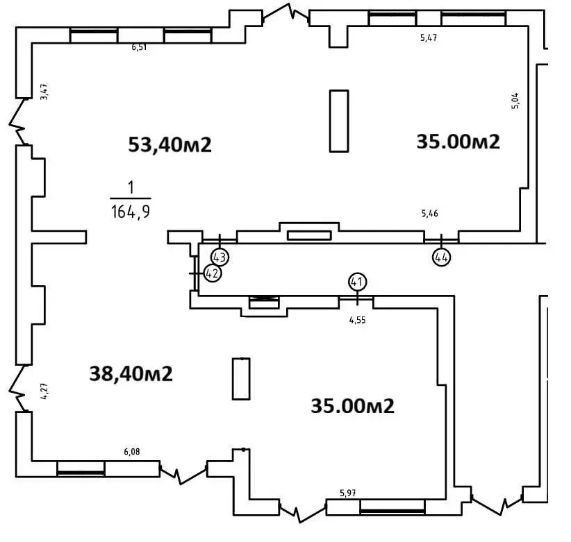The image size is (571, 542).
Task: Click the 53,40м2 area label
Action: [169, 144]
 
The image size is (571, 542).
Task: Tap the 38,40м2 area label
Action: [131, 373]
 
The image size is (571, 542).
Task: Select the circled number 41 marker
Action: [357, 282]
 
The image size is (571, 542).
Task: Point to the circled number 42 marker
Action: [213, 273]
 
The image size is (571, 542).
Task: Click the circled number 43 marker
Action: [220, 257]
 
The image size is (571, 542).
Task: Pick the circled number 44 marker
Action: [441, 257]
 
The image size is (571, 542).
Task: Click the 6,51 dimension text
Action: [139, 47]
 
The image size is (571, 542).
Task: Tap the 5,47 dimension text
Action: [429, 37]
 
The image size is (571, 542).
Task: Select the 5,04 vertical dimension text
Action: [515, 101]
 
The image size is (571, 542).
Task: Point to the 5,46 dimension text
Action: [430, 213]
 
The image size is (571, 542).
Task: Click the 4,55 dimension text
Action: [357, 320]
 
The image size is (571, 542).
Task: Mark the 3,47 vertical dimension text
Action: [44, 92]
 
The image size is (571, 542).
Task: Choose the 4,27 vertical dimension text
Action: [44, 391]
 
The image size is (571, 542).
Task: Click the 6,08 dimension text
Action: [132, 451]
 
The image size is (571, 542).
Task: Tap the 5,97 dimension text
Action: [348, 493]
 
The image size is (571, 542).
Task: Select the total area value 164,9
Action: [131, 212]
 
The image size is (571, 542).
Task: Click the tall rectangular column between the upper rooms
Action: [339, 121]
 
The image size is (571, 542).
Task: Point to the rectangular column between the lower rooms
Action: [241, 379]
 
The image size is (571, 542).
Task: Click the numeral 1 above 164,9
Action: [131, 187]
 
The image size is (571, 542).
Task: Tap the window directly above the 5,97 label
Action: [392, 507]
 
